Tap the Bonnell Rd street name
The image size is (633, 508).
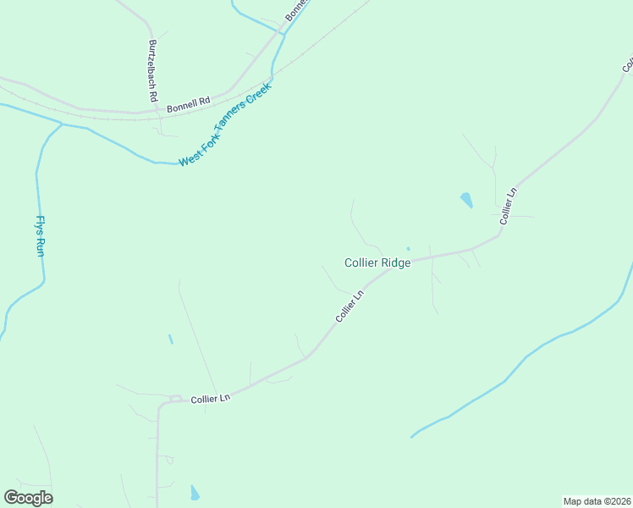coord(188,106)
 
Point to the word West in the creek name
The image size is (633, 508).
coord(190,158)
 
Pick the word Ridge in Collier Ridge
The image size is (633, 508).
coord(395,262)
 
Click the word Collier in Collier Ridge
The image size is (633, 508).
coord(361,262)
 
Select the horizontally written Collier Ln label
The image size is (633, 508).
coord(210,398)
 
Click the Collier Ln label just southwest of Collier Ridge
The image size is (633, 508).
coord(349,306)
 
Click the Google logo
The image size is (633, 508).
coord(28,497)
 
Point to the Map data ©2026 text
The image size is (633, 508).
coord(597,501)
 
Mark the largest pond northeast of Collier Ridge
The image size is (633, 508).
coord(466,201)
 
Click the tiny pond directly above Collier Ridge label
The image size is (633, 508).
coord(408,249)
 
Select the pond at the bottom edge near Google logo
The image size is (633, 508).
coord(195,493)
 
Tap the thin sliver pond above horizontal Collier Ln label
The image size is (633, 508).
coord(171,339)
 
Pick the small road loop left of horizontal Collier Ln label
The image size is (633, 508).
coord(175,398)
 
